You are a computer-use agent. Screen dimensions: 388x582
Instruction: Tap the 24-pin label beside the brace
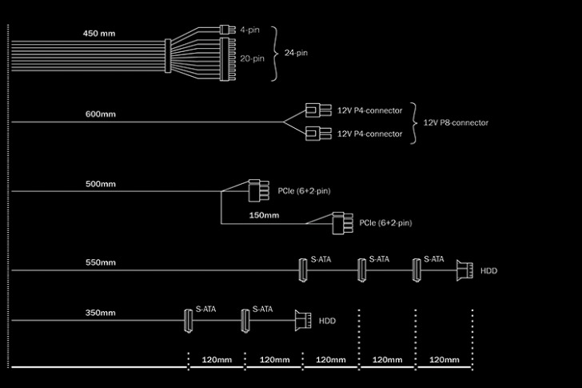click(296, 53)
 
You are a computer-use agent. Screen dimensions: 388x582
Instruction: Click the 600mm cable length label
click(101, 114)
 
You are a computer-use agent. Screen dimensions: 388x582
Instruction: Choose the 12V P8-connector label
click(455, 123)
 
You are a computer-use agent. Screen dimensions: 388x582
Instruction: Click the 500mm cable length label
click(101, 184)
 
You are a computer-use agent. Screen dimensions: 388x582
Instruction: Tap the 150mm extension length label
click(264, 214)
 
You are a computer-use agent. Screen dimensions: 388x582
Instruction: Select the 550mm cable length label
click(101, 262)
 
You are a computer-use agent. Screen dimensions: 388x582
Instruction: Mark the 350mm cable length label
click(101, 313)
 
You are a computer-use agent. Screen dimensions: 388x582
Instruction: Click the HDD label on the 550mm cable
click(488, 271)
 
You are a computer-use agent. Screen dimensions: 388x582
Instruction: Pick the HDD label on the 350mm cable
click(328, 322)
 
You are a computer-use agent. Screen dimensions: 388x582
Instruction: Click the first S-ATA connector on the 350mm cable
click(188, 322)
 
